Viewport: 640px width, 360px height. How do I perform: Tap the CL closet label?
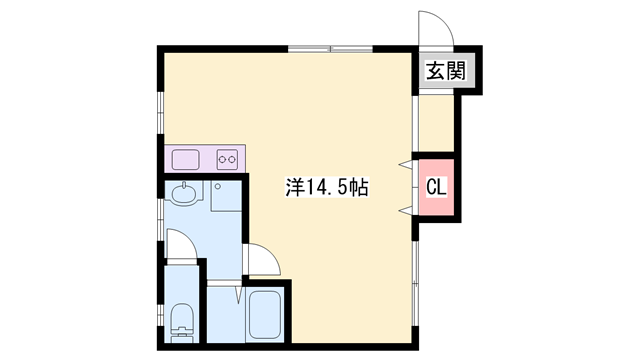pyautogui.click(x=436, y=186)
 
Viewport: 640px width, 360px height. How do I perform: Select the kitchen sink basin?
pyautogui.click(x=187, y=158)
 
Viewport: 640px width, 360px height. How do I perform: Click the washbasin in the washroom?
pyautogui.click(x=183, y=194)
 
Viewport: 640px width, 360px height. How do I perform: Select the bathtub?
pyautogui.click(x=264, y=317)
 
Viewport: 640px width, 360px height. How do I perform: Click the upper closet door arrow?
pyautogui.click(x=408, y=163)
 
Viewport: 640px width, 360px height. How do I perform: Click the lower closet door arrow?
pyautogui.click(x=408, y=208)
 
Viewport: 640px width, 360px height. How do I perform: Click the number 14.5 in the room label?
pyautogui.click(x=336, y=186)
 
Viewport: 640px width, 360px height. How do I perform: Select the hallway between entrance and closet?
pyautogui.click(x=434, y=124)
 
